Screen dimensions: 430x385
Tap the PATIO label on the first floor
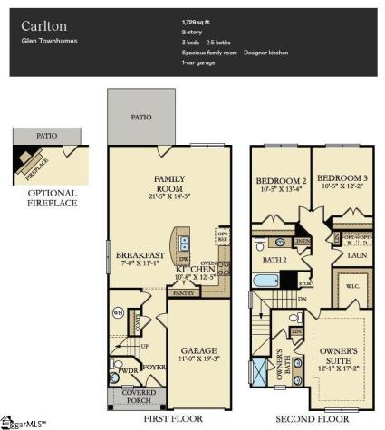tap(140, 118)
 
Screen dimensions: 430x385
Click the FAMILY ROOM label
tap(169, 184)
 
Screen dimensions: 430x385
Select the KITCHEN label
tap(194, 269)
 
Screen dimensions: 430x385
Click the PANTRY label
tap(184, 293)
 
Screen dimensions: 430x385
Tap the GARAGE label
tap(196, 349)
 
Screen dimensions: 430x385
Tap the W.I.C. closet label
tap(351, 291)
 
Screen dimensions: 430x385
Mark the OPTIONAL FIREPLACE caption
tap(52, 198)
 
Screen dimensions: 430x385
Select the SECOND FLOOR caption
tap(313, 420)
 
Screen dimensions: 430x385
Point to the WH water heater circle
tap(118, 313)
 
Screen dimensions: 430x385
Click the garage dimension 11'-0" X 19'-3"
tap(196, 359)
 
